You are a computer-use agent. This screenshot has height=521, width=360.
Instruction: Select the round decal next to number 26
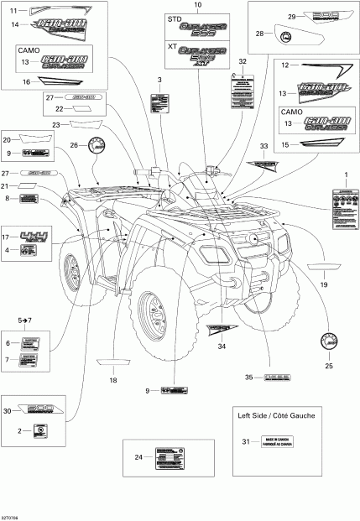pos(100,144)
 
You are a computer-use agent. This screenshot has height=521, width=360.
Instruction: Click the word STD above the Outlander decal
pos(175,18)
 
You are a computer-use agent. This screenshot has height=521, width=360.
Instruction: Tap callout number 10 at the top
pos(198,5)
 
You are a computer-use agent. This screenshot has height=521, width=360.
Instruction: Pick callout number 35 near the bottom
pos(248,378)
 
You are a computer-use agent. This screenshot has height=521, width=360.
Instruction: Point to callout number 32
pos(243,63)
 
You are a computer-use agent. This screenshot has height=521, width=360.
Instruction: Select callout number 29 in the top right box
pos(292,17)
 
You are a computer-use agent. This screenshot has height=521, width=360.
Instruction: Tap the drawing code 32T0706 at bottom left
pos(14,516)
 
